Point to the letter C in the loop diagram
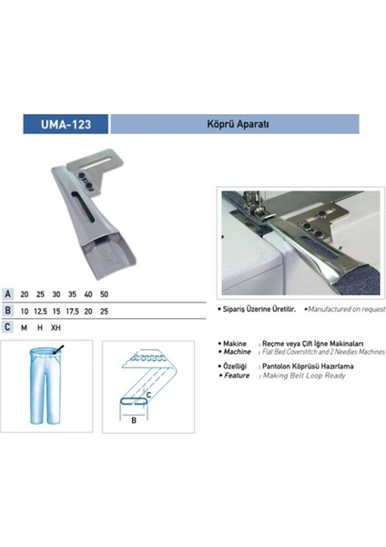[x=160, y=394]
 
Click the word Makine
[x=230, y=343]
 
